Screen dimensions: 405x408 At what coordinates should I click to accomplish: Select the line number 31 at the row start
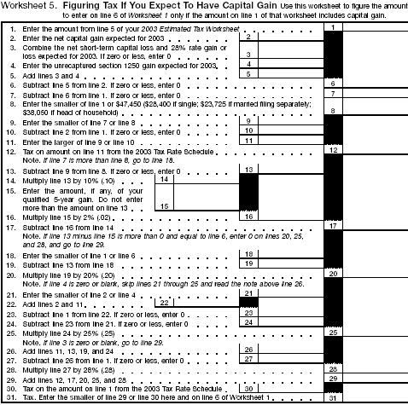tap(11, 396)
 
